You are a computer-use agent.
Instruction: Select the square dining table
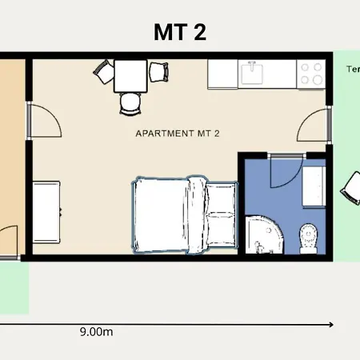130,76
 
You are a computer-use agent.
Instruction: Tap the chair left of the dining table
104,73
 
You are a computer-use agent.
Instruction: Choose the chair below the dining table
130,102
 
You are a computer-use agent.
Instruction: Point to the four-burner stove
312,74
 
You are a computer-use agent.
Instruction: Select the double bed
184,214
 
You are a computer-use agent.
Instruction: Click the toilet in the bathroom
308,237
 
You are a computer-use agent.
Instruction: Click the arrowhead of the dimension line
330,324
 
